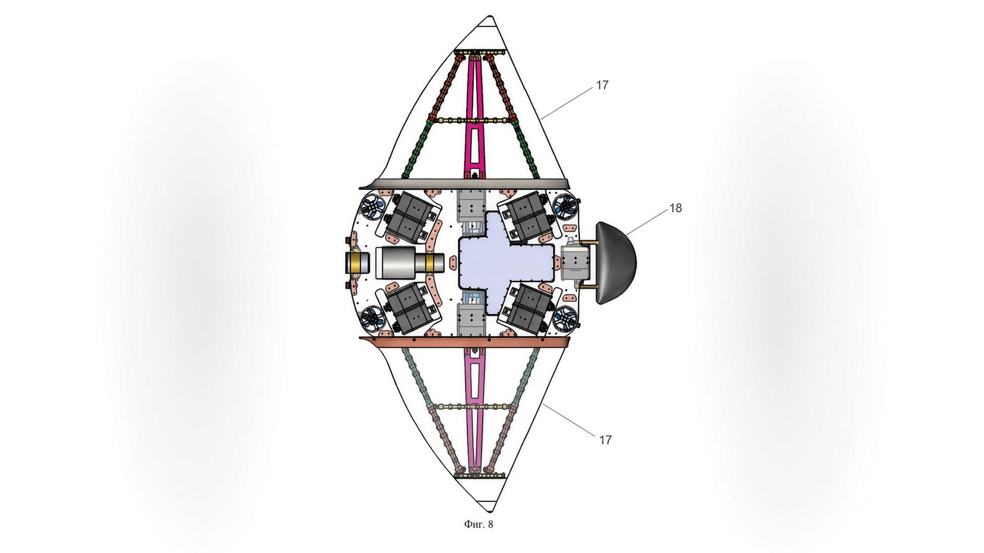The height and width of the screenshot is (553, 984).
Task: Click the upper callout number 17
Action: click(602, 85)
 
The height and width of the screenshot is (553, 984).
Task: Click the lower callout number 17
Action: click(605, 440)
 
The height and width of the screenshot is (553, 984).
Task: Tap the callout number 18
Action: click(676, 208)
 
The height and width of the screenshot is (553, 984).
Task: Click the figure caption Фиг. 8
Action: click(478, 524)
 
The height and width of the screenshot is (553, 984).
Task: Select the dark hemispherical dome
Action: click(616, 264)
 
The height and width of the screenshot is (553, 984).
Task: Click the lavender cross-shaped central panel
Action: click(505, 262)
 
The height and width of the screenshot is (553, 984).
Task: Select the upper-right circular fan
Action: click(565, 206)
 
